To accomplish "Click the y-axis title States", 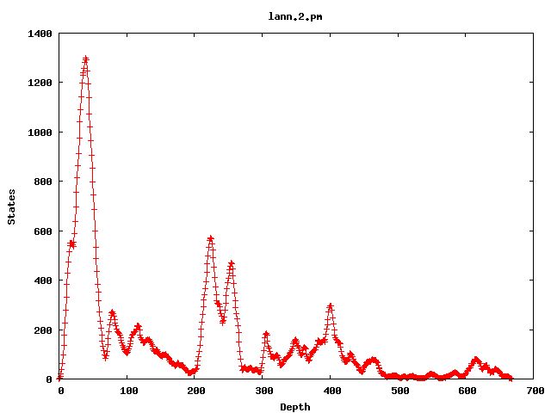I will tap(11, 206).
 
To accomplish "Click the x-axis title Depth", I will tap(295, 407).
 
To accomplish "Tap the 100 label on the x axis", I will tap(127, 391).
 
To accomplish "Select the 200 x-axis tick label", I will tap(195, 391).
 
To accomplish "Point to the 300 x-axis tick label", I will tap(263, 391).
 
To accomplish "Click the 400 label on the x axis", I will tap(331, 391).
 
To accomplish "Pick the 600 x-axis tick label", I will tap(466, 391).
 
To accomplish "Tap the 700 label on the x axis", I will tap(533, 391).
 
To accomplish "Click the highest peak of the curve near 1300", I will tap(85, 59).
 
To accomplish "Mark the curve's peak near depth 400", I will tap(330, 305).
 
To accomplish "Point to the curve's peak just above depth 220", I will tap(210, 238).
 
